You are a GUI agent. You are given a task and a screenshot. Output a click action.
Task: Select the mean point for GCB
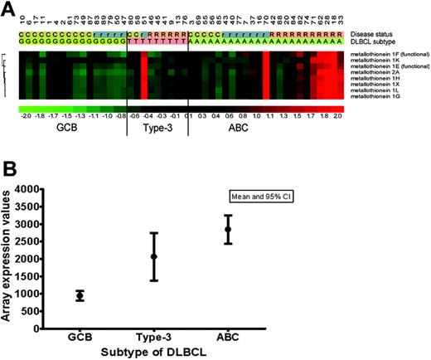click(80, 295)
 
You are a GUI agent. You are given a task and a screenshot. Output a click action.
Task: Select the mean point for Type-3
click(153, 256)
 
